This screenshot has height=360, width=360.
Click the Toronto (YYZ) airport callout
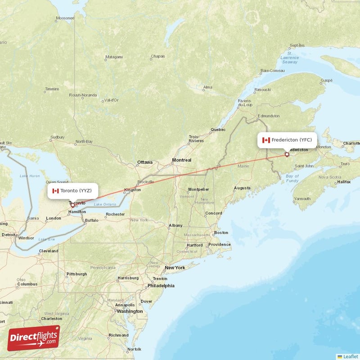click(x=73, y=191)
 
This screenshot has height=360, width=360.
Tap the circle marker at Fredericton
click(x=287, y=155)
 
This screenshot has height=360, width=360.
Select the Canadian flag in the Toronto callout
click(x=56, y=191)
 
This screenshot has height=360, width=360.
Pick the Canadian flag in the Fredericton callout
click(x=266, y=140)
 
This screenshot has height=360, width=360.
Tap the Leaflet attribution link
click(x=350, y=356)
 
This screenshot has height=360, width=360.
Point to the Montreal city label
click(x=181, y=160)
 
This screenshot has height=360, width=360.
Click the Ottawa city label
click(x=145, y=162)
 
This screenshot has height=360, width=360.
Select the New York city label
click(x=175, y=268)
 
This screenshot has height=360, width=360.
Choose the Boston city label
click(x=221, y=233)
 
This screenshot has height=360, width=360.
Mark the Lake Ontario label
click(x=105, y=205)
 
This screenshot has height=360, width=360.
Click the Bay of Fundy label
click(x=292, y=179)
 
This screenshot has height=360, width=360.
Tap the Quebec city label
click(x=218, y=130)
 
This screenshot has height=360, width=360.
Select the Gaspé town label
click(x=326, y=81)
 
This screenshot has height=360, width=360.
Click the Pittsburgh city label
click(x=76, y=274)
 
